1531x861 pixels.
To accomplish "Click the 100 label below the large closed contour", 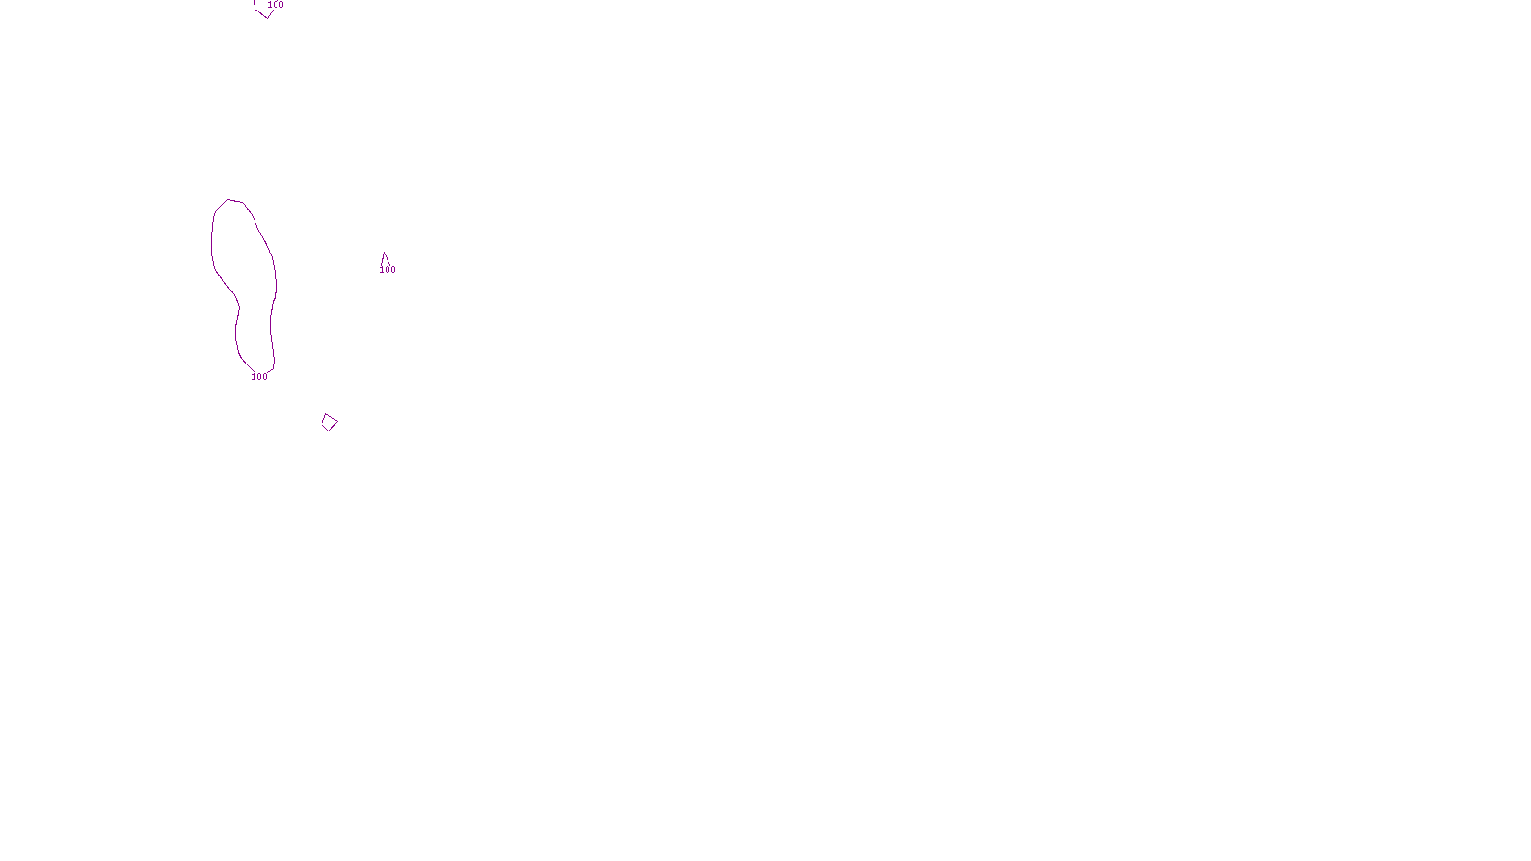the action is click(x=259, y=377).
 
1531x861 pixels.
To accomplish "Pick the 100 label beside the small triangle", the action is click(x=388, y=270).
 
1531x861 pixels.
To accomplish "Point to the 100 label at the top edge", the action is click(x=276, y=5).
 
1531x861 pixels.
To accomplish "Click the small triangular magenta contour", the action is click(x=385, y=259).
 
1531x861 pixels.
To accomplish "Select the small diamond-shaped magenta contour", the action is click(x=329, y=422).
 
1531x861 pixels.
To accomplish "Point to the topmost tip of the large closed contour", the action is click(x=229, y=200).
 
